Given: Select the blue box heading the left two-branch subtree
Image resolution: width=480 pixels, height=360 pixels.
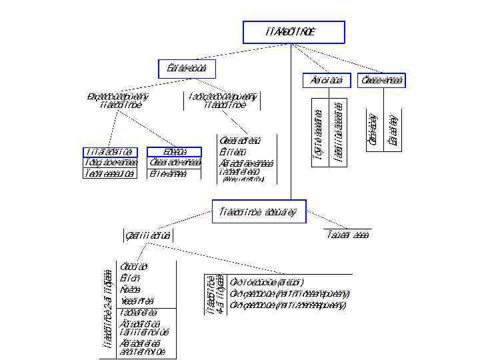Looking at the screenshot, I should (182, 69).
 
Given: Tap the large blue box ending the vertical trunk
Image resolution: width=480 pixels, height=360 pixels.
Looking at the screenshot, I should (259, 211).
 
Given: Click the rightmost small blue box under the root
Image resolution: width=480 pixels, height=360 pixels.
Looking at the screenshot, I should (381, 80).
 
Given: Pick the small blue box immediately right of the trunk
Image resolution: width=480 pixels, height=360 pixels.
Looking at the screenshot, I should (323, 80).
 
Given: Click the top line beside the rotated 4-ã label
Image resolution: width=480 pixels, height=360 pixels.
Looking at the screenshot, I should (266, 281).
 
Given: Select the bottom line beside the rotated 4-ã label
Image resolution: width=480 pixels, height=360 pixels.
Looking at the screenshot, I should (287, 305).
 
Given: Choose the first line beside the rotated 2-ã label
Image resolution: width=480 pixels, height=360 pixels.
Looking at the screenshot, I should (129, 267).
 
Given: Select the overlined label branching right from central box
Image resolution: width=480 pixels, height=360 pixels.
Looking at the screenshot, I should (348, 235).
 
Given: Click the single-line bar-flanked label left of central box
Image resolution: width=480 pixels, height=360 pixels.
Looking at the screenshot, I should (148, 235).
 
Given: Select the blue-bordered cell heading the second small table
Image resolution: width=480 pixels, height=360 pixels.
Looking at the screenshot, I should (165, 151).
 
